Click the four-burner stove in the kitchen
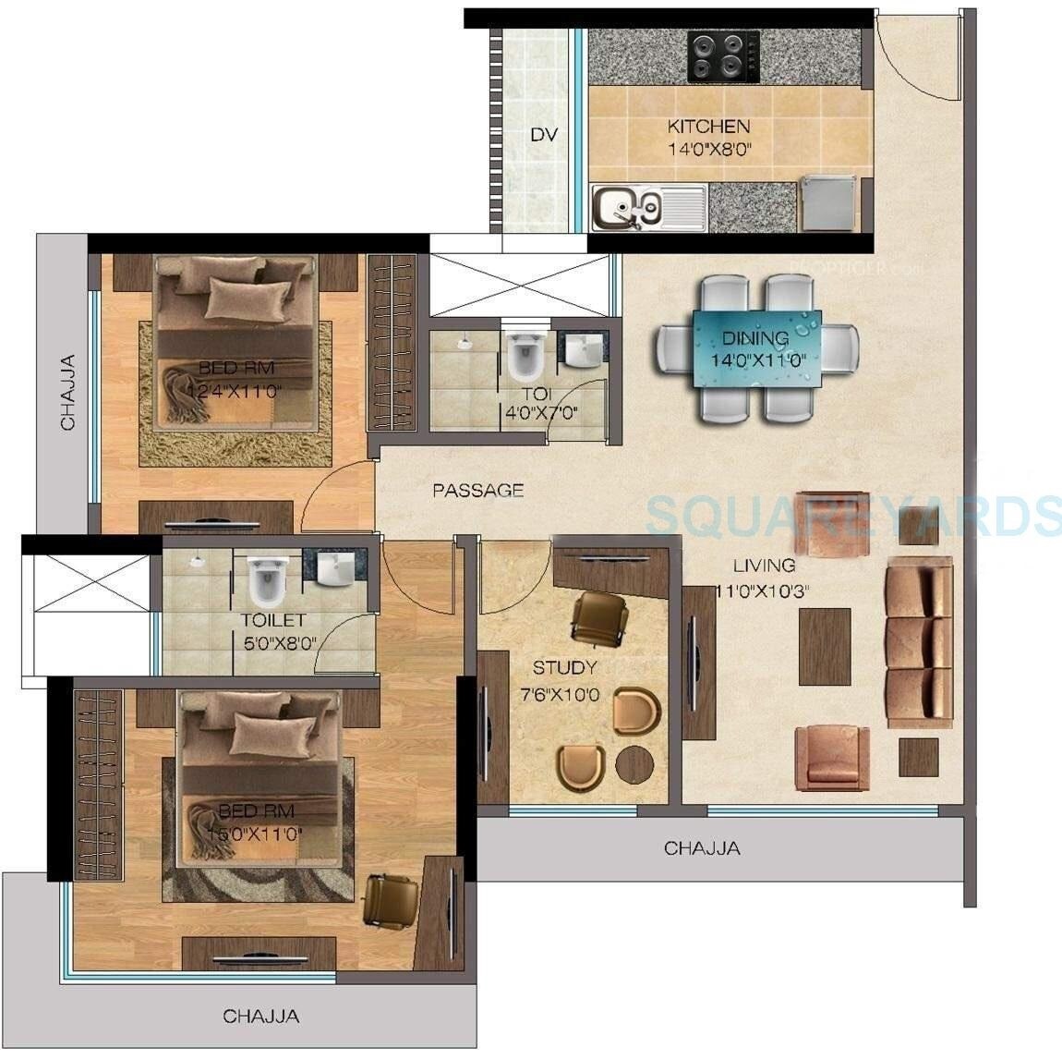[x=723, y=53]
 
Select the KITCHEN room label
[x=708, y=127]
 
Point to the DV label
[x=544, y=135]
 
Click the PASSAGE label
[x=478, y=491]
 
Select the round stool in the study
[x=634, y=763]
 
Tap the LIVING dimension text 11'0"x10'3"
[x=763, y=591]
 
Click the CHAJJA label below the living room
[x=702, y=847]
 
